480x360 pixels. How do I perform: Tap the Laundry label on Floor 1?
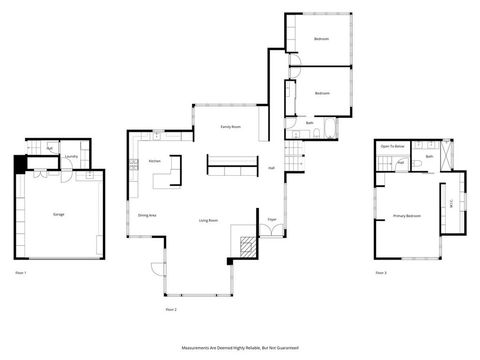click(x=70, y=157)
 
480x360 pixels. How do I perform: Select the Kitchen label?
click(x=154, y=161)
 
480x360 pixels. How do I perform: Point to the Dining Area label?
click(x=146, y=214)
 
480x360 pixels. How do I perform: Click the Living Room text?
click(x=209, y=219)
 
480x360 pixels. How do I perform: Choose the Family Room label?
click(x=231, y=127)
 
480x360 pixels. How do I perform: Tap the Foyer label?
click(x=271, y=218)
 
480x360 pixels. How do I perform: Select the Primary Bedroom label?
click(x=405, y=215)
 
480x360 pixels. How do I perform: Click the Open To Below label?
click(x=390, y=147)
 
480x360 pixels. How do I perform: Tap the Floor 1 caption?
click(x=20, y=272)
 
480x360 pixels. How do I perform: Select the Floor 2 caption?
click(x=170, y=310)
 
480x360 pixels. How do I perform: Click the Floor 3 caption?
click(x=380, y=272)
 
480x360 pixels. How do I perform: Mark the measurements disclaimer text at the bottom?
click(x=240, y=347)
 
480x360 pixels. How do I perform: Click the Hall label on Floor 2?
click(x=272, y=168)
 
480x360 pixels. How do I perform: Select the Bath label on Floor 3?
click(x=429, y=156)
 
